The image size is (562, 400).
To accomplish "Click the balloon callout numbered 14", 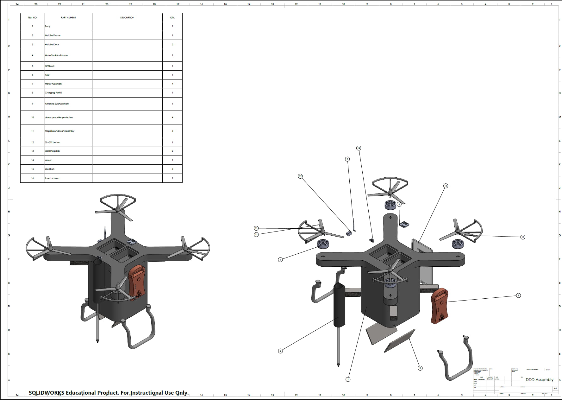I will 359,148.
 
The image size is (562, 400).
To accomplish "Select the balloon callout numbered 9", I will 347,159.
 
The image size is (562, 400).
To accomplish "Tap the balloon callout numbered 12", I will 300,176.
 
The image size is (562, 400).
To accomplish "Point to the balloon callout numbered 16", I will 446,186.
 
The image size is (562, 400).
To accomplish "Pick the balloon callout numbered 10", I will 523,237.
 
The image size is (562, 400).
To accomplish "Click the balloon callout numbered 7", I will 280,260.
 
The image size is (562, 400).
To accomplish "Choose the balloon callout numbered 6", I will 518,295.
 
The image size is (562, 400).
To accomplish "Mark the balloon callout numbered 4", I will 280,351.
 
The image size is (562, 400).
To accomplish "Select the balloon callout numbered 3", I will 420,368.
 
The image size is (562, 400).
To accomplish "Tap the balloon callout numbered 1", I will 348,379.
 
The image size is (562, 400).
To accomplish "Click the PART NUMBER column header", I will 68,18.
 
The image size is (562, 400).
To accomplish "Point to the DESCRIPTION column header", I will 127,18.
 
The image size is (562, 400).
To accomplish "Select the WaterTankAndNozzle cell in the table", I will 56,55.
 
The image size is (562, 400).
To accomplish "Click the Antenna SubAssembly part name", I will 57,104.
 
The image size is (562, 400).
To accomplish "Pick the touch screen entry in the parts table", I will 52,178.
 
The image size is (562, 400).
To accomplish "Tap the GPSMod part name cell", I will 50,66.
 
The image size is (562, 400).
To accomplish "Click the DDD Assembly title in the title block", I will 539,380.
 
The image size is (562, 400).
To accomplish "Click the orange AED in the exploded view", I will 440,306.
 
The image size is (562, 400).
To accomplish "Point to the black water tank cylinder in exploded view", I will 339,306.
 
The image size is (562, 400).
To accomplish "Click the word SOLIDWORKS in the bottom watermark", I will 46,393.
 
